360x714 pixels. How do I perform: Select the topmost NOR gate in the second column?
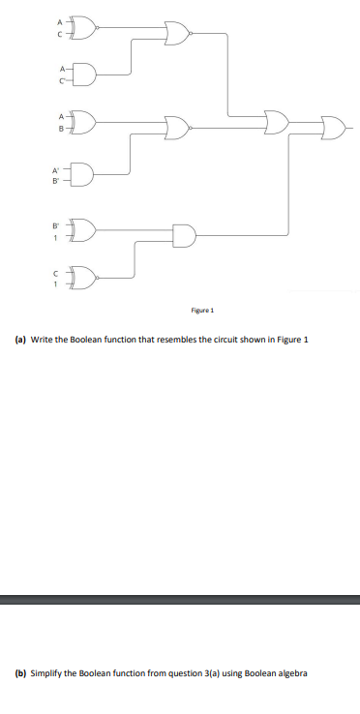click(178, 35)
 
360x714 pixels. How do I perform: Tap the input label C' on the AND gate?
click(61, 82)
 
